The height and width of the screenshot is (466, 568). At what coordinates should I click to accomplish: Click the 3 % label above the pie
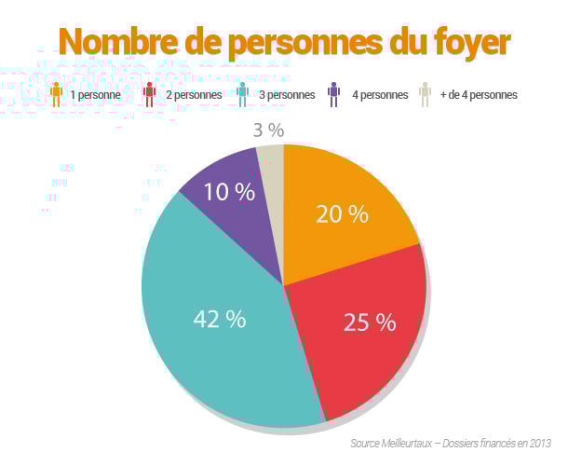(x=268, y=129)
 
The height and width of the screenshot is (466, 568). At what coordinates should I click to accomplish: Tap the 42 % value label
(x=220, y=319)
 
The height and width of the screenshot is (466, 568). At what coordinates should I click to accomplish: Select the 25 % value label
(x=370, y=322)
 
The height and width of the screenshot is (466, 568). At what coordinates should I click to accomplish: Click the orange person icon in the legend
(x=57, y=94)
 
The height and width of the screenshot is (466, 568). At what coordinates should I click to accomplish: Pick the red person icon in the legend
(x=149, y=94)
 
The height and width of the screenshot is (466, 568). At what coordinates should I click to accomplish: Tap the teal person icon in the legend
(x=242, y=94)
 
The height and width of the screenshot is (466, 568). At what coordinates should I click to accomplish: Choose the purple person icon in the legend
(x=333, y=94)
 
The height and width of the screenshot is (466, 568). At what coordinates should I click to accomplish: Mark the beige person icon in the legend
(x=425, y=94)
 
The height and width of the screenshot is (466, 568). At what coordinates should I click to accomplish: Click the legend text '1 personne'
(x=95, y=95)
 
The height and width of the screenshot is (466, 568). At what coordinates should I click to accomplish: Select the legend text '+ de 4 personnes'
(x=480, y=95)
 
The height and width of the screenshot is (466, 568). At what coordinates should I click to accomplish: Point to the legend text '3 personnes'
(x=284, y=95)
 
